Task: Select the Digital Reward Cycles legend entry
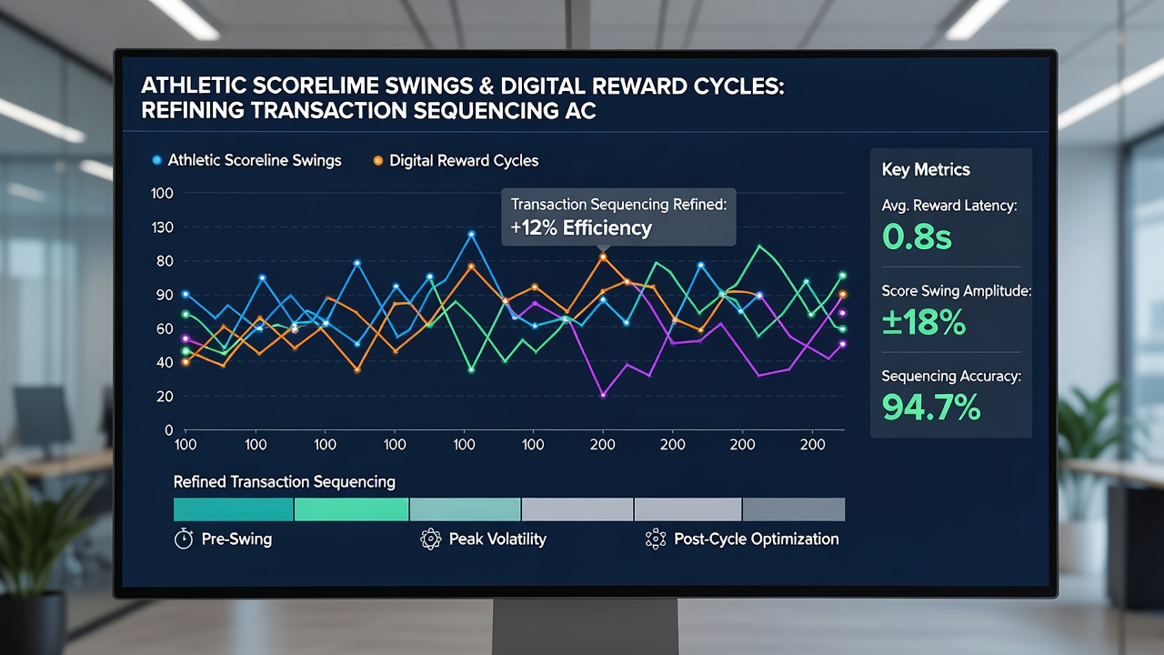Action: click(x=456, y=161)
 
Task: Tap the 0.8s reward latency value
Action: click(x=917, y=237)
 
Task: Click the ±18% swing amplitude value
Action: click(x=924, y=322)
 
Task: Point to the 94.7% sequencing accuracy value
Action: click(x=931, y=407)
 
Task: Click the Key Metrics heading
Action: click(x=926, y=169)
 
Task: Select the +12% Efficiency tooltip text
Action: click(x=581, y=227)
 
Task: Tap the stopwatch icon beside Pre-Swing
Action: click(x=184, y=539)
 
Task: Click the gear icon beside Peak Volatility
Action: click(x=431, y=539)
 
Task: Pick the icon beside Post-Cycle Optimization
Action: click(x=656, y=539)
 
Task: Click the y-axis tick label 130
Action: click(x=162, y=227)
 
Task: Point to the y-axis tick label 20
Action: click(x=165, y=396)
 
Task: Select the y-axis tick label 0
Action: click(x=169, y=430)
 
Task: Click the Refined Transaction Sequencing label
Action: click(x=285, y=482)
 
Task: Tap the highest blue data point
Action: click(x=471, y=235)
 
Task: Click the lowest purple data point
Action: click(x=603, y=395)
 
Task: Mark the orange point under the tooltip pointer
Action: click(x=603, y=257)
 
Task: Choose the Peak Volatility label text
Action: click(x=497, y=539)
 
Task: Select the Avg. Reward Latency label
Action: click(x=948, y=206)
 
